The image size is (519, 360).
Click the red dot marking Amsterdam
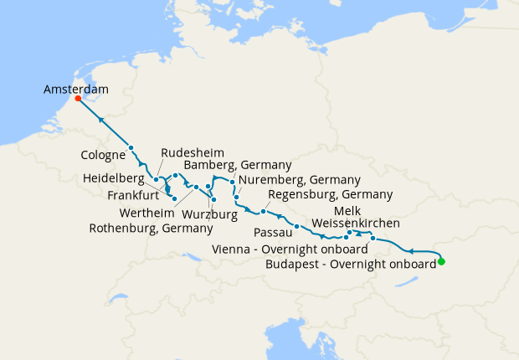click(x=78, y=98)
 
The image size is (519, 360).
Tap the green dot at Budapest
click(x=441, y=262)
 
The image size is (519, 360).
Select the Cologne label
click(x=104, y=155)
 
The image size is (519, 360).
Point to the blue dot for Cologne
click(x=131, y=148)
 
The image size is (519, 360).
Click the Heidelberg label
click(x=116, y=179)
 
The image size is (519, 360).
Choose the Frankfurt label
click(x=134, y=194)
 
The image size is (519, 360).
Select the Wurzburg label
click(x=209, y=214)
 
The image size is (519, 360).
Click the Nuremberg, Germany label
click(x=299, y=180)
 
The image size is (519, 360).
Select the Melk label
click(x=347, y=209)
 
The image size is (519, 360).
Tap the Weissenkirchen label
click(x=355, y=224)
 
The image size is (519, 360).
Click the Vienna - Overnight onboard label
click(x=291, y=249)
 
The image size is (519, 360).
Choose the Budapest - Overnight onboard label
click(x=350, y=263)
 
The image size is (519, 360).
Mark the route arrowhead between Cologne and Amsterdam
click(x=101, y=120)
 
